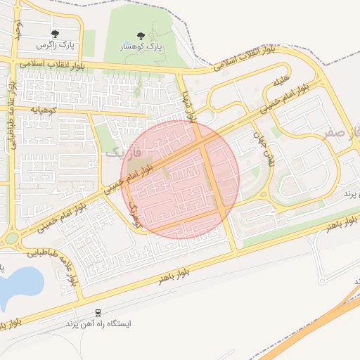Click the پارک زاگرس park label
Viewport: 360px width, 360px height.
point(56,45)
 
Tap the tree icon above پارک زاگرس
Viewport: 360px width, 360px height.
point(56,34)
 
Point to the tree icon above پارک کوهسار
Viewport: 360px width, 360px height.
point(140,34)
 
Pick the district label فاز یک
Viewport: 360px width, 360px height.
point(125,150)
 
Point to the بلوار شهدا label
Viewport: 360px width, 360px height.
point(185,98)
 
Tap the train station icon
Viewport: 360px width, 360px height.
point(98,313)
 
